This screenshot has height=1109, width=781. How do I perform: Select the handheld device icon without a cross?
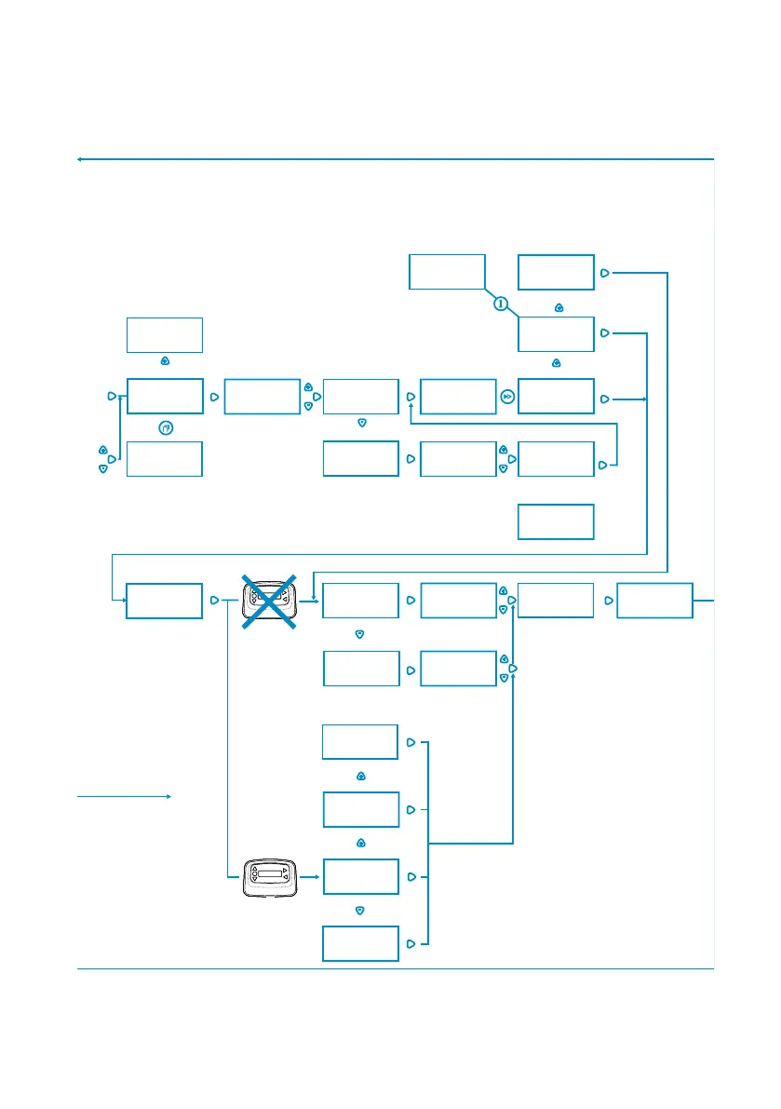270,877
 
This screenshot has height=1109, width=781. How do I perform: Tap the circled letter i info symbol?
501,304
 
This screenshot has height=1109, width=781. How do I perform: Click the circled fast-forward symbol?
506,397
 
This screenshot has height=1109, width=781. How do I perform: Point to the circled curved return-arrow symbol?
165,428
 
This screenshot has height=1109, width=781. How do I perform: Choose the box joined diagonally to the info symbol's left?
447,271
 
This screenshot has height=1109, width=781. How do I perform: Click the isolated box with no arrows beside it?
555,521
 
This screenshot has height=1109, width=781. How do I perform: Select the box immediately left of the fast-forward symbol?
458,397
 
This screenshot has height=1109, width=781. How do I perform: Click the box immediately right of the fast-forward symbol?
555,397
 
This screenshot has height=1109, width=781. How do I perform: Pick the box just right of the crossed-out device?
361,601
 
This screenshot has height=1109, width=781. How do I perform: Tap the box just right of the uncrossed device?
360,877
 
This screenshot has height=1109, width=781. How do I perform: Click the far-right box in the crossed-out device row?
654,601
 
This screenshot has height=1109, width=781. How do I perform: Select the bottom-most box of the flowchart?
360,943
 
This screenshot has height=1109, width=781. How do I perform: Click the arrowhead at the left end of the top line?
80,159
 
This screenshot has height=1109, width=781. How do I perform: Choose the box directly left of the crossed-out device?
164,601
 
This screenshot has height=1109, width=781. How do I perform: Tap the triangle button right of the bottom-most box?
411,943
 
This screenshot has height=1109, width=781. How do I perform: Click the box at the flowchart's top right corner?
555,272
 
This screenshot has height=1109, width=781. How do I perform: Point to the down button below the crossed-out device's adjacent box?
359,633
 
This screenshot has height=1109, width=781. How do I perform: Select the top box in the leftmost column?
164,333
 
